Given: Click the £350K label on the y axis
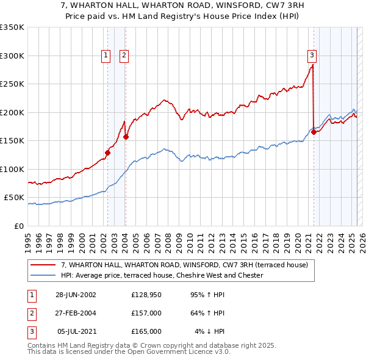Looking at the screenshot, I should pos(12,27).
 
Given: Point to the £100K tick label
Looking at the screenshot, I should pos(12,169).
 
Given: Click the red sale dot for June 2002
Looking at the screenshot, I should pos(108,153).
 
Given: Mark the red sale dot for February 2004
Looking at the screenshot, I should pos(126,137).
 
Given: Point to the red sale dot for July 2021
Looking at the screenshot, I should pos(314,132).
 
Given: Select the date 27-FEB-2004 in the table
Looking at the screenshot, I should pos(76,313).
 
